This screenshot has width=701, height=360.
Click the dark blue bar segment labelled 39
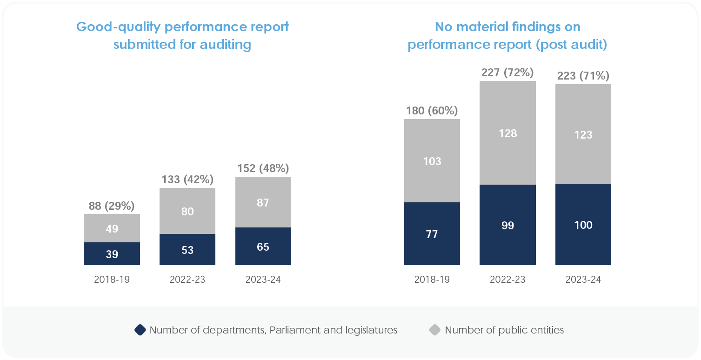pos(112,254)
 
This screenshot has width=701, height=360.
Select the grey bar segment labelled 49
pos(112,228)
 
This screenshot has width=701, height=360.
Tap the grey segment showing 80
pos(187,211)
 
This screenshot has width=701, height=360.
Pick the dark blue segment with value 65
pos(263,247)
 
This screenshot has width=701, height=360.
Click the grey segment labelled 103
pos(432,161)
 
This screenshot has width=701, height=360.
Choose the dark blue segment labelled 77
pos(432,234)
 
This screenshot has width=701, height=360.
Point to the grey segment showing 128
pos(507,133)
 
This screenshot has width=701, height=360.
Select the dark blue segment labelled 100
pos(583,225)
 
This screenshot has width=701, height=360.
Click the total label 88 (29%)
pos(112,206)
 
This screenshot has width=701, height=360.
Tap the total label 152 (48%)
pos(263,168)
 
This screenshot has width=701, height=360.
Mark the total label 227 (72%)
pos(507,73)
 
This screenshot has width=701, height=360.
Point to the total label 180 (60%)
pos(432,111)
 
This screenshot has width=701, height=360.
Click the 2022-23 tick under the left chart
pos(187,280)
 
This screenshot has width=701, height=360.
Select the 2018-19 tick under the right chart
pos(432,280)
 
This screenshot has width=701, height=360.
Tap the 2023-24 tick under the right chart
pos(583,280)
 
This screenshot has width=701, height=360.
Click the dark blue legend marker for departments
pos(140,330)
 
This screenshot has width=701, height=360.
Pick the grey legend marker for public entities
pos(434,330)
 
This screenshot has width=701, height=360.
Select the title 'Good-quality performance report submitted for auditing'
pos(182,35)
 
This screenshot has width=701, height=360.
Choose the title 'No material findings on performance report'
pos(507,35)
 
